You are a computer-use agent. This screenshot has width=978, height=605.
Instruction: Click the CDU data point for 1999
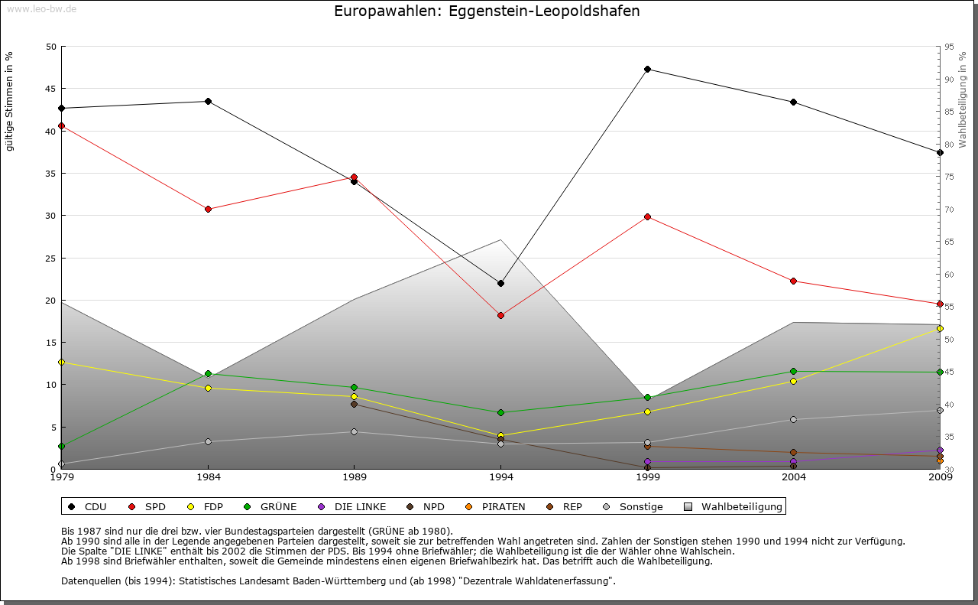[x=647, y=70]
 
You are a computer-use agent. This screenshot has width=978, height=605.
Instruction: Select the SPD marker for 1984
[x=208, y=209]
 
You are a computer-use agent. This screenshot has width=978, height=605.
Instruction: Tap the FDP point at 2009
[x=940, y=328]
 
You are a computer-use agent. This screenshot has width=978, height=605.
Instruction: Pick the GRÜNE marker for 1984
[x=208, y=374]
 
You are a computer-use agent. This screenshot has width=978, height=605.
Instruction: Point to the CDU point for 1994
[x=500, y=284]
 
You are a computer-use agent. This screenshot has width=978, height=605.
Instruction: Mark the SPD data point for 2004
[x=794, y=281]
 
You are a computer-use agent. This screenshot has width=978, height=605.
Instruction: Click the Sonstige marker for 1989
[x=354, y=432]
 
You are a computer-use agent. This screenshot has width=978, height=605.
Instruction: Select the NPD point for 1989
[x=354, y=404]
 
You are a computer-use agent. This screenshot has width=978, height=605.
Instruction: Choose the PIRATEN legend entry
[x=496, y=506]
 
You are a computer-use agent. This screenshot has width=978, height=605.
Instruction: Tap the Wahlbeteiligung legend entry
[x=733, y=506]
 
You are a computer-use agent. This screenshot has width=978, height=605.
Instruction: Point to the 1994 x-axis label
[x=500, y=478]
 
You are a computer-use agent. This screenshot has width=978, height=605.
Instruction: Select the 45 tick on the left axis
[x=51, y=89]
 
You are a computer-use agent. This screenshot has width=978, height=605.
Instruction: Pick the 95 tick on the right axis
[x=949, y=47]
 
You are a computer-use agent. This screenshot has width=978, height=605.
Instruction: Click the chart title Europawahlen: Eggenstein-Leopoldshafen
[x=487, y=11]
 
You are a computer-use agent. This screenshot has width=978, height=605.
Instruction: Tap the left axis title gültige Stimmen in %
[x=9, y=102]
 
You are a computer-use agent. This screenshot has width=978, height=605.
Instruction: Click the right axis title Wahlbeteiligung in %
[x=963, y=99]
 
